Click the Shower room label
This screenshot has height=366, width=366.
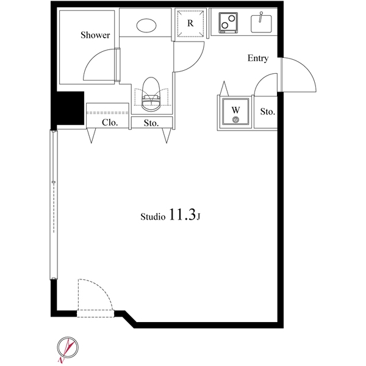(x=95, y=35)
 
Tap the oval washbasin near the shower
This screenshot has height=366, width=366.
(x=146, y=26)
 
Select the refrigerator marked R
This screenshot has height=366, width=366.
(x=190, y=23)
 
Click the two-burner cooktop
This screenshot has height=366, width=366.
(x=228, y=23)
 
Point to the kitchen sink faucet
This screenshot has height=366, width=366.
(x=260, y=17)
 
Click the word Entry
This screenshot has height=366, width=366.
(x=258, y=58)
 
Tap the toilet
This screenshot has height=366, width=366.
(x=151, y=95)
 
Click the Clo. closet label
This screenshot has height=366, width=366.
(x=110, y=123)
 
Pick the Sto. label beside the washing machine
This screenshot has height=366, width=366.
(x=268, y=112)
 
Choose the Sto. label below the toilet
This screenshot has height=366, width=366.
(x=151, y=123)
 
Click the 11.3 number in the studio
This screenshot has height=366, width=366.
(x=182, y=215)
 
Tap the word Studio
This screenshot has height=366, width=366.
(x=153, y=217)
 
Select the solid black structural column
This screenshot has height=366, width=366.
(x=68, y=109)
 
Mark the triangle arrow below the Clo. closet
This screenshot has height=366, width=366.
(x=91, y=135)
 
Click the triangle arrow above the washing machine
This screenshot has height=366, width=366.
(x=224, y=88)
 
